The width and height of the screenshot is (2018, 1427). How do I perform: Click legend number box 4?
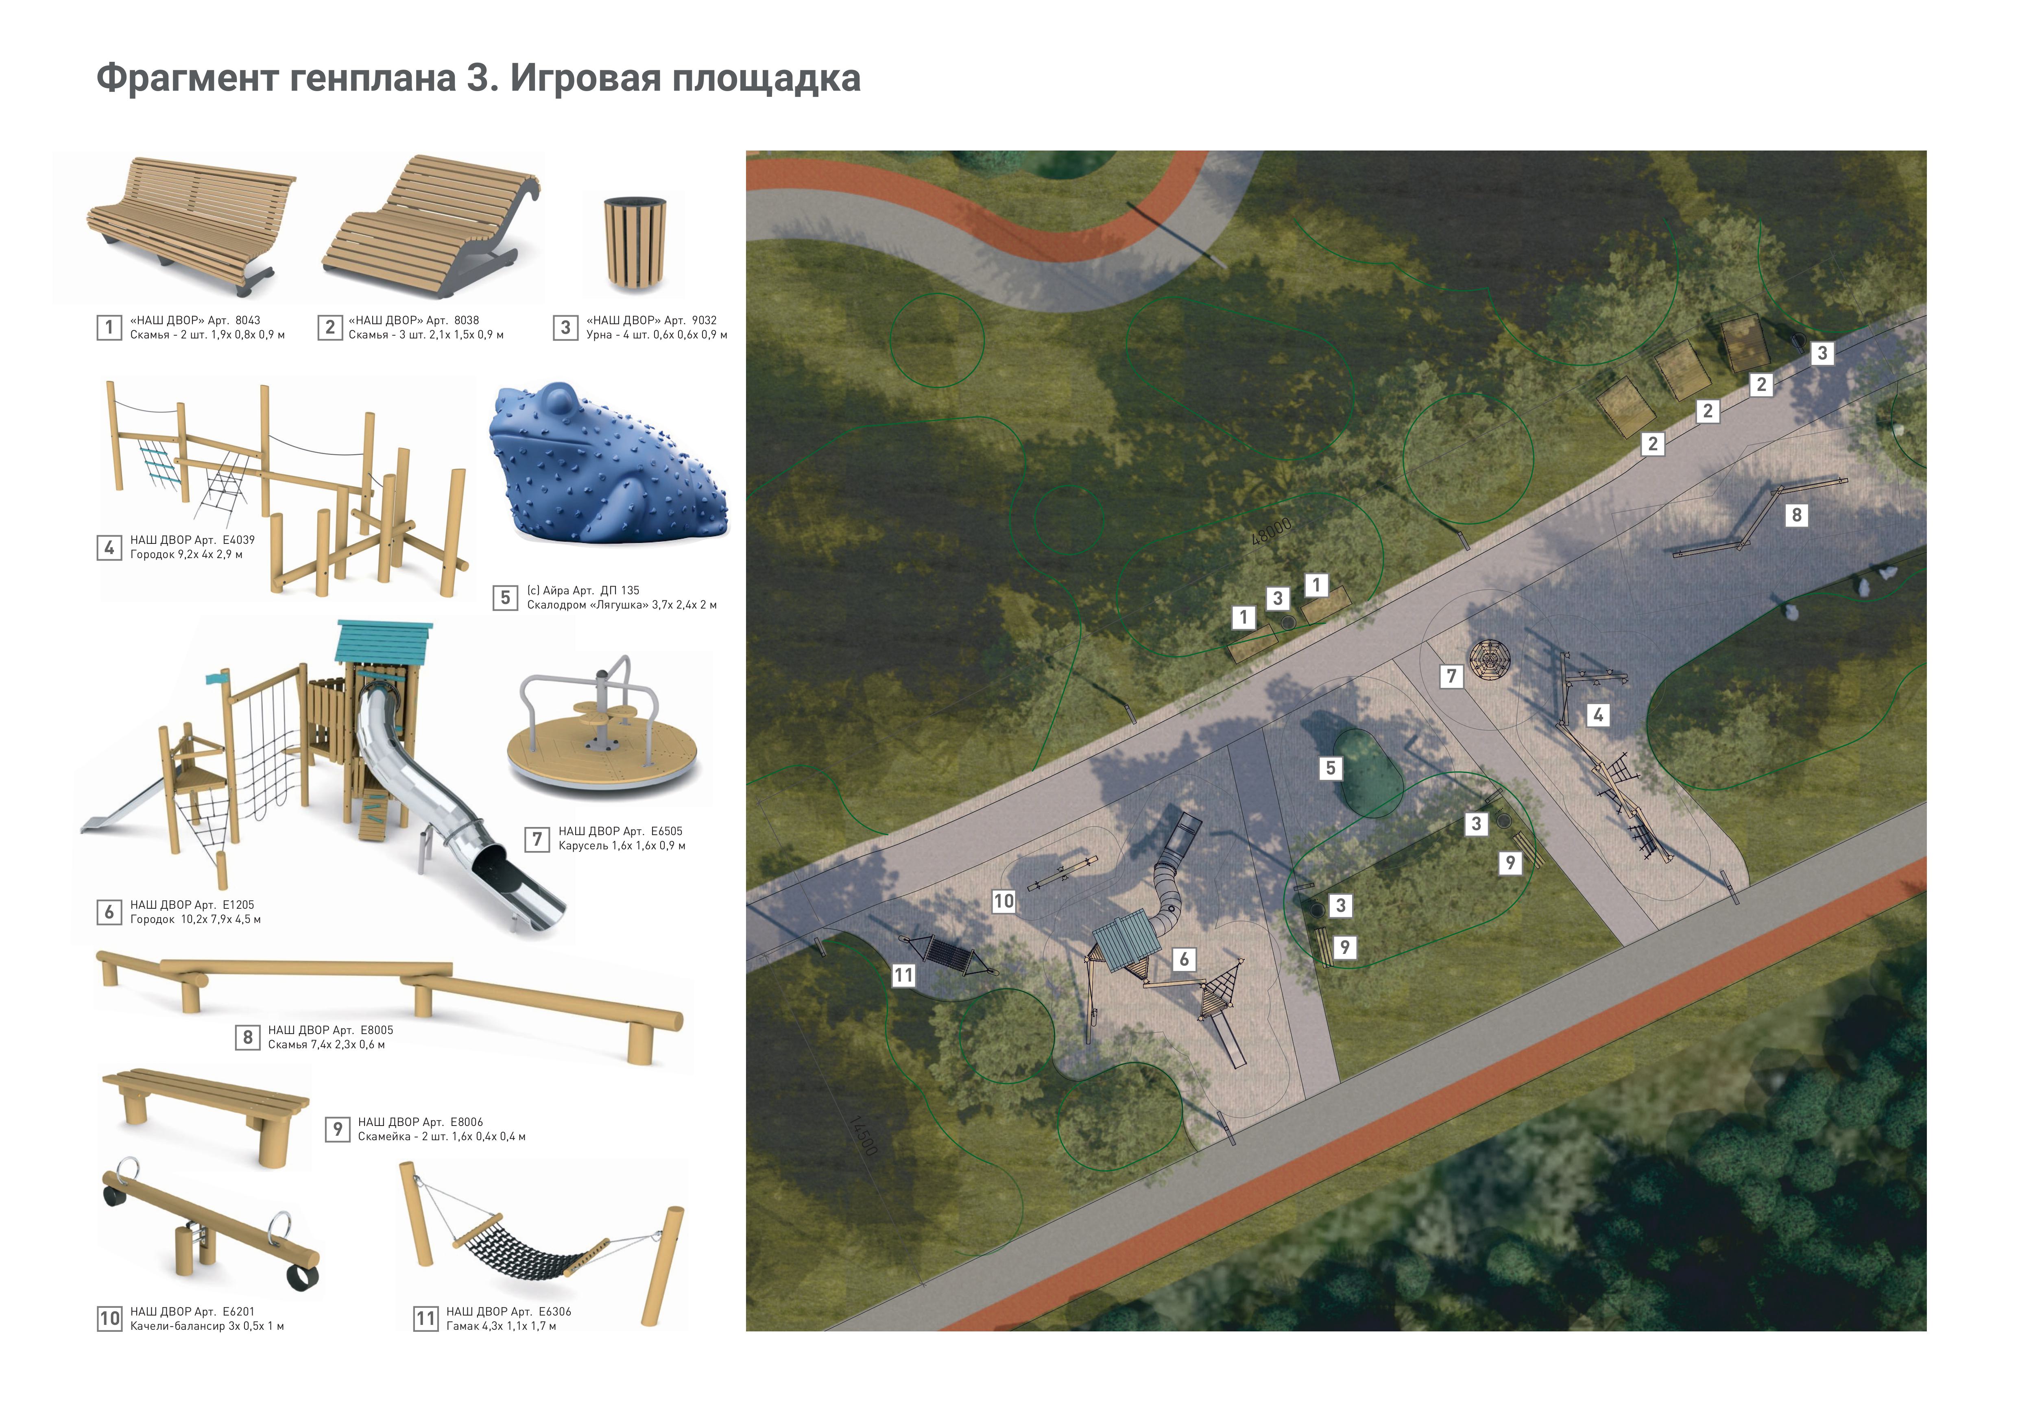(x=109, y=548)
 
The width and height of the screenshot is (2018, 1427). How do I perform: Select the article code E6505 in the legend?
(x=666, y=831)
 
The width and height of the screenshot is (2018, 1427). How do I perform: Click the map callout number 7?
(x=1451, y=676)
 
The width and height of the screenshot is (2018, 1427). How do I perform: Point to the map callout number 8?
(x=1796, y=515)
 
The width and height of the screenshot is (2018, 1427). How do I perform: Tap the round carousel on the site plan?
(x=1491, y=657)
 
